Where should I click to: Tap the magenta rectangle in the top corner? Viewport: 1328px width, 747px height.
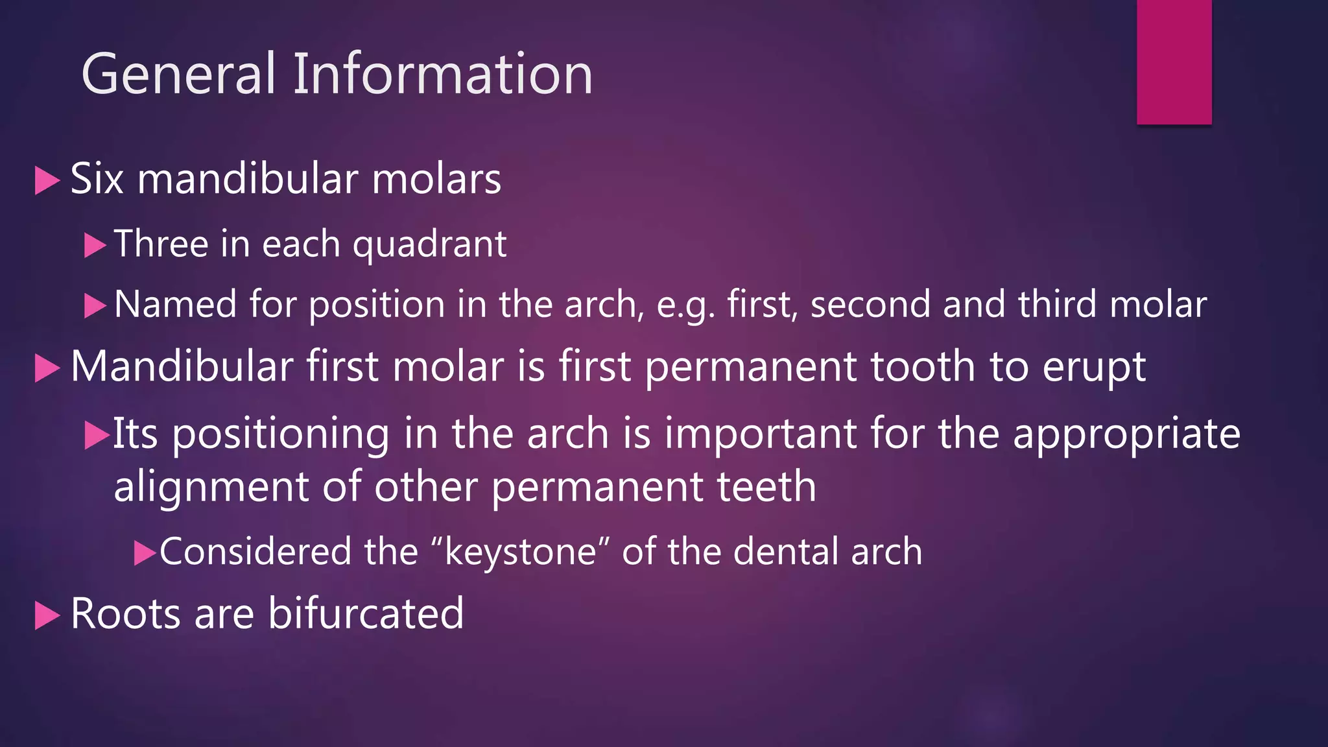tap(1174, 62)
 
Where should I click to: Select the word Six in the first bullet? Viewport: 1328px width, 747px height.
tap(97, 179)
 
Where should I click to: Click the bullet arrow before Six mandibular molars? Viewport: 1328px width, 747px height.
tap(47, 180)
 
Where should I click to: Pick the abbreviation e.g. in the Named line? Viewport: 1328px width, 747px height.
tap(685, 305)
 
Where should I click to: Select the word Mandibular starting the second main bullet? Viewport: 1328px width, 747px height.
tap(182, 366)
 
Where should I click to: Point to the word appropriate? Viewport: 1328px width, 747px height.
tap(1126, 434)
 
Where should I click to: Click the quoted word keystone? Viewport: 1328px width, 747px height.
tap(520, 552)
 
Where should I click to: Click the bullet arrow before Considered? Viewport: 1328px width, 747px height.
tap(145, 553)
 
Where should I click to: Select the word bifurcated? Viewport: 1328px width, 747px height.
tap(366, 613)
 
